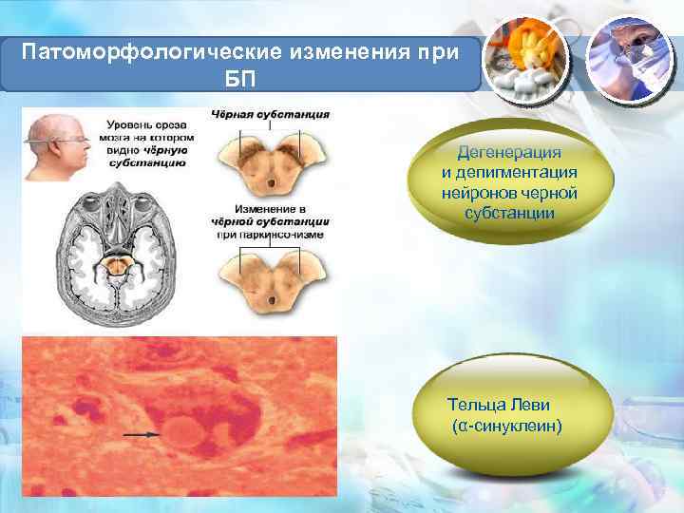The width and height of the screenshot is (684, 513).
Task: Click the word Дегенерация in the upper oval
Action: pos(508,152)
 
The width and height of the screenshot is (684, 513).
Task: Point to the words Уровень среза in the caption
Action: pos(143,123)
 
